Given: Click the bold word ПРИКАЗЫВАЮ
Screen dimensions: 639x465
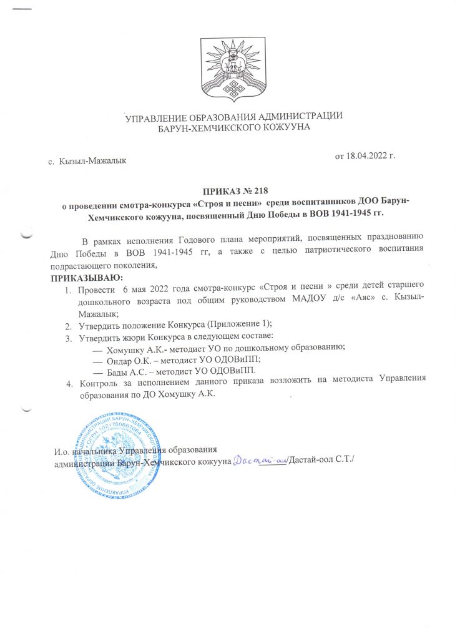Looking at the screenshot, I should [x=87, y=277].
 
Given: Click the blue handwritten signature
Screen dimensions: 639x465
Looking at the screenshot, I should [x=260, y=461].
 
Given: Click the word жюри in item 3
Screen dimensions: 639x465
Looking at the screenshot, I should [x=132, y=338].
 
